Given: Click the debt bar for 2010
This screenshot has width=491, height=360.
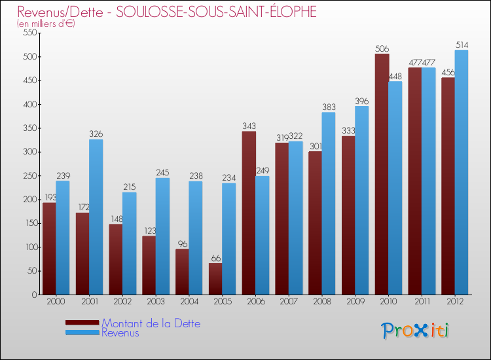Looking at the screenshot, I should click(382, 174).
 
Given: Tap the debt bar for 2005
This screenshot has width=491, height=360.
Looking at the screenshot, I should click(215, 279).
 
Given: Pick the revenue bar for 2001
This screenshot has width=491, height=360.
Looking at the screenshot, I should click(96, 217).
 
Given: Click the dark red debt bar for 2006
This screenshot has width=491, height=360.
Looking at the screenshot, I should click(249, 213).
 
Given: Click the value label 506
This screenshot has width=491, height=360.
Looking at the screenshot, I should click(382, 48).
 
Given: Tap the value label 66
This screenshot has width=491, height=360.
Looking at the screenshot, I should click(215, 258).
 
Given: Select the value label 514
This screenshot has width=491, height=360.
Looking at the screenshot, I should click(462, 45).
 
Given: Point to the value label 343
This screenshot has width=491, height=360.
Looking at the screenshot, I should click(249, 126).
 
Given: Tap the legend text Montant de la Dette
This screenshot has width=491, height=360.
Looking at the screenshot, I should click(151, 323).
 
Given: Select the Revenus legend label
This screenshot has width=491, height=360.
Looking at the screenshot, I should click(120, 333).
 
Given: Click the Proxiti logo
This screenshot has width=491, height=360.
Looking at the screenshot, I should click(415, 331).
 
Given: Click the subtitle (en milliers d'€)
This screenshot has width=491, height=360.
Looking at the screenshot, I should click(46, 24).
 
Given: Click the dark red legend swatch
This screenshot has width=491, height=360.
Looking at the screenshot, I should click(82, 323).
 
